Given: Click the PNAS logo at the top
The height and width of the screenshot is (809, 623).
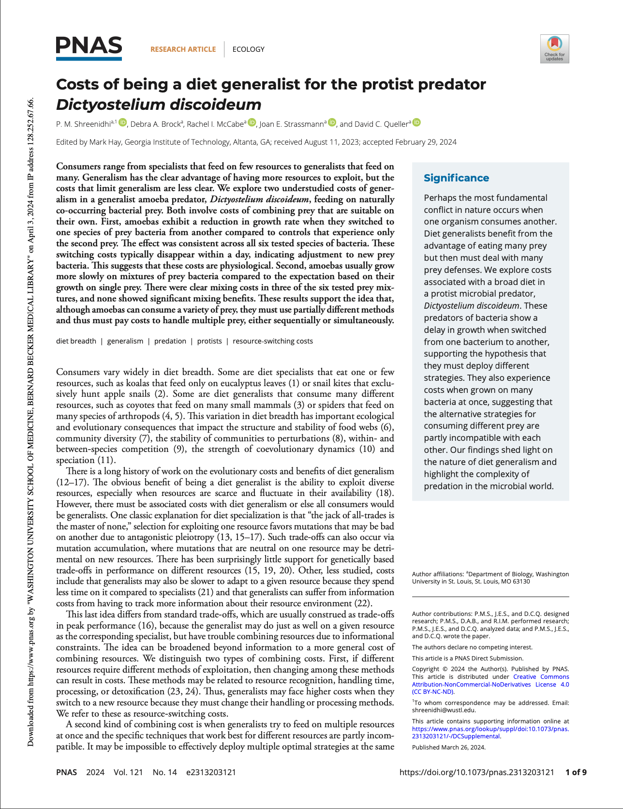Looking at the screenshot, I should pyautogui.click(x=89, y=48).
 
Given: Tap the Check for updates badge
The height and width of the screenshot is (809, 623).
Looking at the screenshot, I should pyautogui.click(x=554, y=49).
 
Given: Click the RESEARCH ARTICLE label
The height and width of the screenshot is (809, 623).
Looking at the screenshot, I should pyautogui.click(x=183, y=49).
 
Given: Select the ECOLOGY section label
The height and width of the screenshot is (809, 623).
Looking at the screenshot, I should pyautogui.click(x=248, y=49).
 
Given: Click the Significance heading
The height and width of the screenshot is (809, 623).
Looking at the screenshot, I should pyautogui.click(x=456, y=178).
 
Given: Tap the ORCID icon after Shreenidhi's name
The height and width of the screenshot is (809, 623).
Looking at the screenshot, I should pyautogui.click(x=123, y=123).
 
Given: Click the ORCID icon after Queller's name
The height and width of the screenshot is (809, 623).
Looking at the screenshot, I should pyautogui.click(x=416, y=123).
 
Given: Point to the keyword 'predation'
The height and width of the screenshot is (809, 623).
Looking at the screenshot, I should pyautogui.click(x=170, y=341).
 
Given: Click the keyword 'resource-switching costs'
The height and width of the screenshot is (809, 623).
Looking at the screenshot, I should pyautogui.click(x=272, y=341).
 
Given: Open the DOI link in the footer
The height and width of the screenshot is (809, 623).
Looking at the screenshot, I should pyautogui.click(x=476, y=772).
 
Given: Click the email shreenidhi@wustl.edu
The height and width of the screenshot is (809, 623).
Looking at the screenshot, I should pyautogui.click(x=444, y=710).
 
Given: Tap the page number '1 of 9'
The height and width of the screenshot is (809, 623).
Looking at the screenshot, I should pyautogui.click(x=576, y=772).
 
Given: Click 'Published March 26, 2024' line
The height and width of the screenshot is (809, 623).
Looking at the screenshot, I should pyautogui.click(x=448, y=747).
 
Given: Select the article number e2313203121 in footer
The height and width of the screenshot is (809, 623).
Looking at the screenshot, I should pyautogui.click(x=211, y=772).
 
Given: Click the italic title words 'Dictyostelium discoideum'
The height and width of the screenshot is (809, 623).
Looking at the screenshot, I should pyautogui.click(x=159, y=105).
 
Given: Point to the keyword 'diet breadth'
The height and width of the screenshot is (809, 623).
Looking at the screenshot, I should pyautogui.click(x=76, y=341).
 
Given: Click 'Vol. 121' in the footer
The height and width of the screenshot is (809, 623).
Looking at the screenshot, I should pyautogui.click(x=128, y=772).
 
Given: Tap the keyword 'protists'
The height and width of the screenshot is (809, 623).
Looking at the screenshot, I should pyautogui.click(x=209, y=341).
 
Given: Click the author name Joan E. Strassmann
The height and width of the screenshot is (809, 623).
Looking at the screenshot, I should pyautogui.click(x=292, y=124).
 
